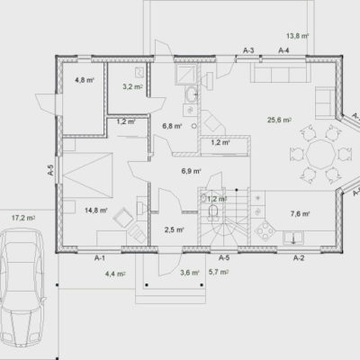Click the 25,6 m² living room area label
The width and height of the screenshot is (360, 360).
tap(279, 120)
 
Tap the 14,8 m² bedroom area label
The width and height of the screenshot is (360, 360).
tap(96, 211)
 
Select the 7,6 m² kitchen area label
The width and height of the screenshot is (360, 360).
tap(300, 213)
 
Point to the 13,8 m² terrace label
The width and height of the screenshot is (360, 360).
tap(297, 36)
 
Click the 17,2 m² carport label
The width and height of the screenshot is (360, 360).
tap(23, 218)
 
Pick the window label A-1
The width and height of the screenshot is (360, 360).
tap(100, 257)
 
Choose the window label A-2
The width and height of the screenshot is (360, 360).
tap(299, 257)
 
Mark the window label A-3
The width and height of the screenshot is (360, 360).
tap(248, 50)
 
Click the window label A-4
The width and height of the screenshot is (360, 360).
tap(283, 50)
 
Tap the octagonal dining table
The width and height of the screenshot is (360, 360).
tap(320, 155)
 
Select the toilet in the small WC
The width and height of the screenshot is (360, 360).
tap(213, 211)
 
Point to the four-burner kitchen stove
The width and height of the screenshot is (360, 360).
tap(265, 230)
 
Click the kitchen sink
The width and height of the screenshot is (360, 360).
tap(293, 238)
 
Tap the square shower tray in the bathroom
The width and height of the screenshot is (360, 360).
tap(185, 75)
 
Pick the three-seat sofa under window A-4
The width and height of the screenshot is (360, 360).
tap(278, 73)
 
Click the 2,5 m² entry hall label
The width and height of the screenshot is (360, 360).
tap(174, 230)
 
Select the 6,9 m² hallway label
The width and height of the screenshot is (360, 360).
tap(191, 171)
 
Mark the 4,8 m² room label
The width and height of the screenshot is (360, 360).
tap(85, 80)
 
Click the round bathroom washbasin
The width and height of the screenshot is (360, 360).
tap(191, 94)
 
